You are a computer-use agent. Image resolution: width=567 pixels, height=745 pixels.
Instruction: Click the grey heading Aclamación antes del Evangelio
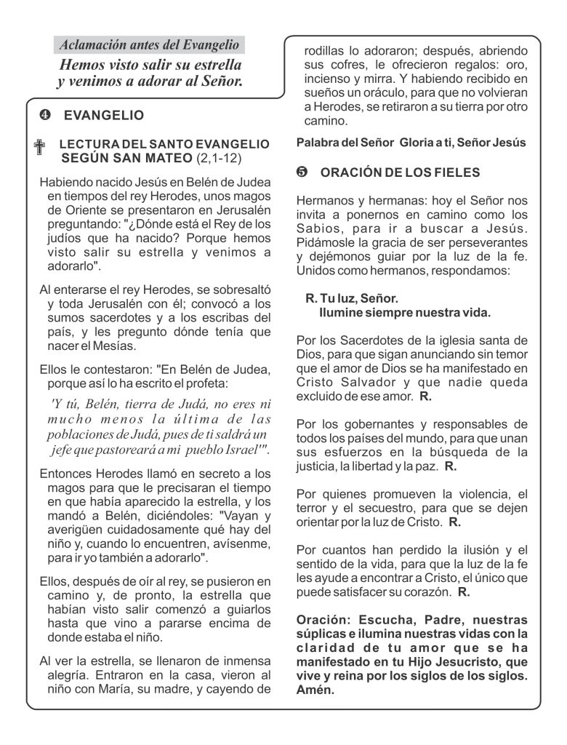click(x=150, y=45)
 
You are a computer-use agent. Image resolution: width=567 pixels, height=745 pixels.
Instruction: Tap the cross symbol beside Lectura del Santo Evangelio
click(x=40, y=148)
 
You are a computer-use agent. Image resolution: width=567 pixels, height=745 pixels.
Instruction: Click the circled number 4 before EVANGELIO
click(x=45, y=116)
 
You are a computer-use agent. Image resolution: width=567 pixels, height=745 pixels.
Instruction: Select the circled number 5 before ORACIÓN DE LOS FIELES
click(x=302, y=172)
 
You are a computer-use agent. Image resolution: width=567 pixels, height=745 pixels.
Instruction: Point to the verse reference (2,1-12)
click(x=219, y=158)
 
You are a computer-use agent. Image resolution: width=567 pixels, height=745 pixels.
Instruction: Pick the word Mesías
click(x=115, y=346)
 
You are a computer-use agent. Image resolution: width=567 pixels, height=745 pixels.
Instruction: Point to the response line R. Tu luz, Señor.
click(x=352, y=299)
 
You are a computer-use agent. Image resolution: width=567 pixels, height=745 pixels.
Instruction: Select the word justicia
click(x=317, y=466)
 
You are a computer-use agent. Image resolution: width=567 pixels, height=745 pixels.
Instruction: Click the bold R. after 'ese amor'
click(x=426, y=397)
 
